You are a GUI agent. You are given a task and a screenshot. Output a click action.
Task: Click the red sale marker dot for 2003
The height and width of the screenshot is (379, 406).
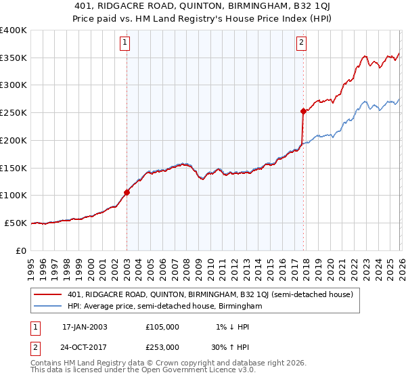pos(127,192)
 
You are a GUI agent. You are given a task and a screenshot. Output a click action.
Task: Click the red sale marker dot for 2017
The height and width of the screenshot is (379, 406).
pos(303,111)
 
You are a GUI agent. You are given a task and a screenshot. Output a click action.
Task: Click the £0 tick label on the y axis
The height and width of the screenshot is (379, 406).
pos(22,250)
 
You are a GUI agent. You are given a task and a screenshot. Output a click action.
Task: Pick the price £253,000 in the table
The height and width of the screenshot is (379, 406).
pos(162,347)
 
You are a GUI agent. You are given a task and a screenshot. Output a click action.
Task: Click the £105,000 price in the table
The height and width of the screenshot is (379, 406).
pos(162,327)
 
